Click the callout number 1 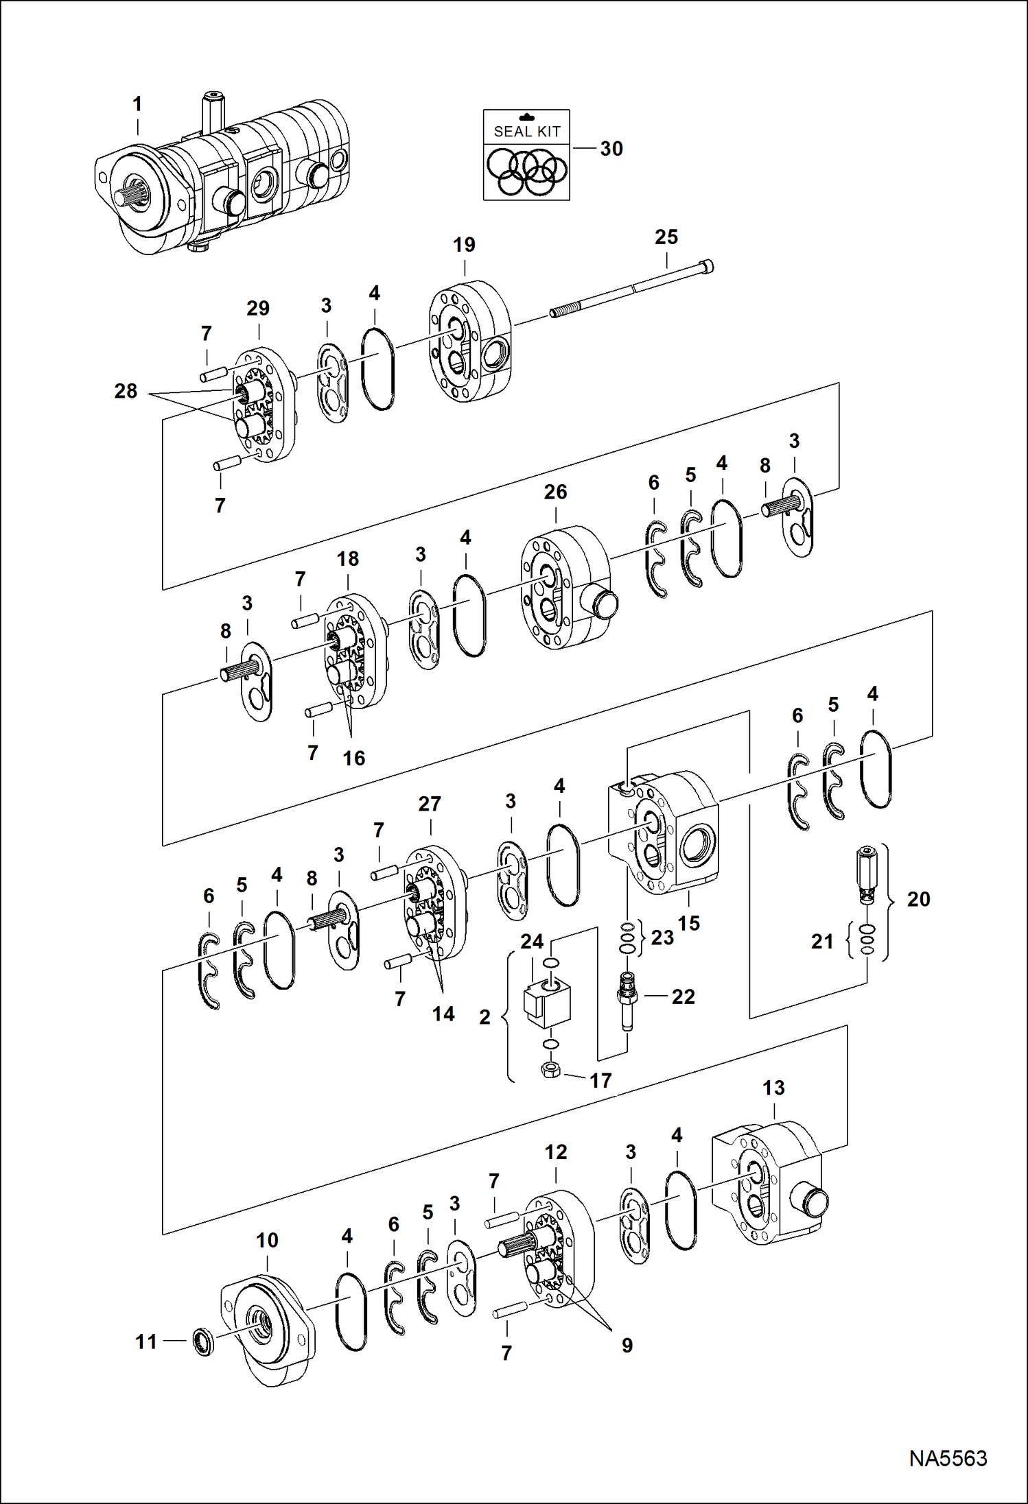137,104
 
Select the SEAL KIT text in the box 526,131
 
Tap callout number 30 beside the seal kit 611,149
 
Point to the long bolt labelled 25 631,291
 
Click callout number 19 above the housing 464,245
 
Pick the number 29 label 258,309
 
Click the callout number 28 126,391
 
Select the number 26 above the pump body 555,492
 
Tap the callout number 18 347,559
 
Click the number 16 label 353,758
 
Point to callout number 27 430,804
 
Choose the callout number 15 688,923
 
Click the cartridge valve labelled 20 867,874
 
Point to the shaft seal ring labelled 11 202,1341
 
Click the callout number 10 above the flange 267,1240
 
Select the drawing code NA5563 948,1458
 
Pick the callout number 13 773,1088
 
